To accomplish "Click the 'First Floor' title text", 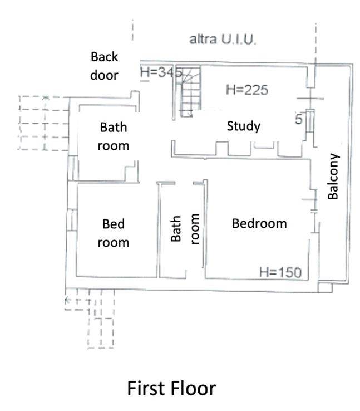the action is coord(171,388).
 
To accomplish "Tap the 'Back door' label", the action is coord(104,66).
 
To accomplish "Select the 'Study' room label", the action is coord(244,126).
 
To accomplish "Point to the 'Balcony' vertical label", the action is coord(333,177).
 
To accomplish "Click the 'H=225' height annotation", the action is coord(247,90).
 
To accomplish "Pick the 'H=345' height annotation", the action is coord(161,72).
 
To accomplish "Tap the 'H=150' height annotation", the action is coord(280,272).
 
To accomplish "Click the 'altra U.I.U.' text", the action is coord(223,40).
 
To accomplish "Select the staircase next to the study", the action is coord(190,92).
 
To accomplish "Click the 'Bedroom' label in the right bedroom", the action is coord(259,223).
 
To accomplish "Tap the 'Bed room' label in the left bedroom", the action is coord(114,233).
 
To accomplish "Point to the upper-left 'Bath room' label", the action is coord(114,136).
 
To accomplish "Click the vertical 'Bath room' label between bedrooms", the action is coord(185,229).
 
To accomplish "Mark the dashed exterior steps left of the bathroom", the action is coord(44,123).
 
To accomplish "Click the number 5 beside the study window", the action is coord(299,119).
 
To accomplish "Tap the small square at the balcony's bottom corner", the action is coord(325,287).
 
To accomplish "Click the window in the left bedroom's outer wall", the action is coord(72,219).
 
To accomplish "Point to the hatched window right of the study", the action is coord(310,121).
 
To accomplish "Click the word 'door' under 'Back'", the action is coord(104,75).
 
